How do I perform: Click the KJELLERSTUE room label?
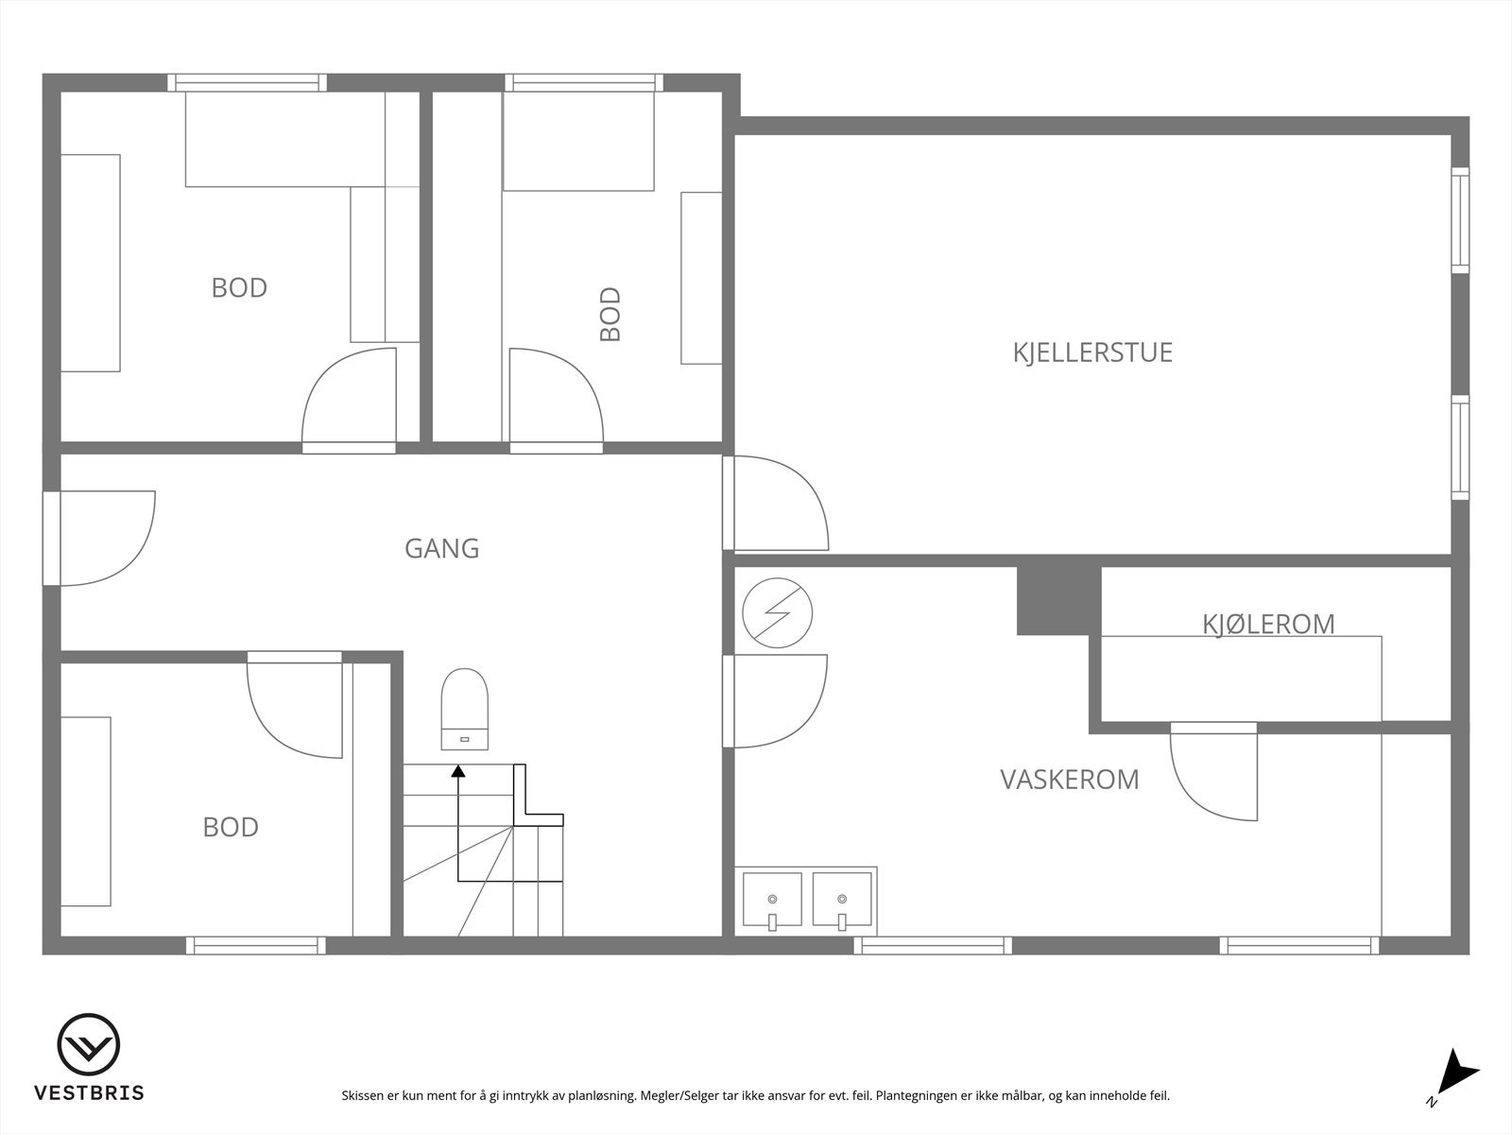(x=1092, y=352)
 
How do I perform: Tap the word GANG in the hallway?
(x=441, y=548)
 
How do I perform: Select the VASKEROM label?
(x=1069, y=780)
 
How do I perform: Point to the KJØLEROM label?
(x=1268, y=624)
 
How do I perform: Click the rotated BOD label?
(x=610, y=314)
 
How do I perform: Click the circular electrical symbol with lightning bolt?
(x=778, y=613)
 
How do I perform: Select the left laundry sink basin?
(x=772, y=899)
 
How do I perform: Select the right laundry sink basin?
(x=841, y=899)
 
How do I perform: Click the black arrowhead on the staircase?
(x=458, y=771)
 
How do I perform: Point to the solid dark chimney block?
(x=1058, y=601)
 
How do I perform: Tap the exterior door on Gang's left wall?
(x=99, y=538)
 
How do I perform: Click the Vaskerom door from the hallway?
(x=776, y=700)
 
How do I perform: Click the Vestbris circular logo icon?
(x=89, y=1045)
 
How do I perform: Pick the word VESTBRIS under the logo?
(x=89, y=1093)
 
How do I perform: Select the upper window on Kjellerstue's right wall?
(x=1460, y=220)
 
